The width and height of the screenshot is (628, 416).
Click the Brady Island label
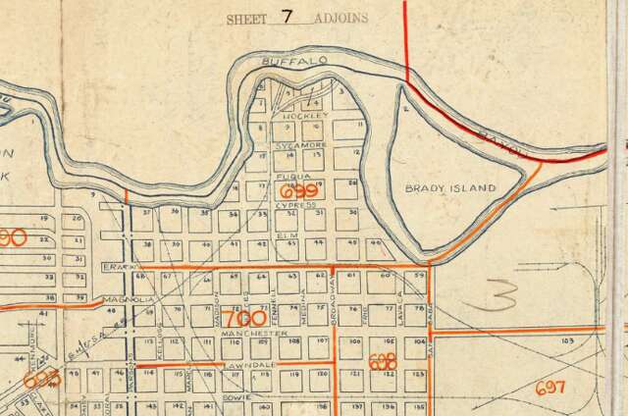(450, 187)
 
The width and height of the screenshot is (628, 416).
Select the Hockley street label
(302, 116)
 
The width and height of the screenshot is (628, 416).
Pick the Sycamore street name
(298, 144)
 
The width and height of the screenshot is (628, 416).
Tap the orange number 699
(298, 190)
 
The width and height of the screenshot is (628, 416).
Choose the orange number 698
(383, 363)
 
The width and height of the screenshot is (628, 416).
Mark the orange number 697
(550, 388)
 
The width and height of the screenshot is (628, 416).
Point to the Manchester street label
(244, 334)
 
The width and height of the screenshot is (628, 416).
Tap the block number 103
(567, 340)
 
